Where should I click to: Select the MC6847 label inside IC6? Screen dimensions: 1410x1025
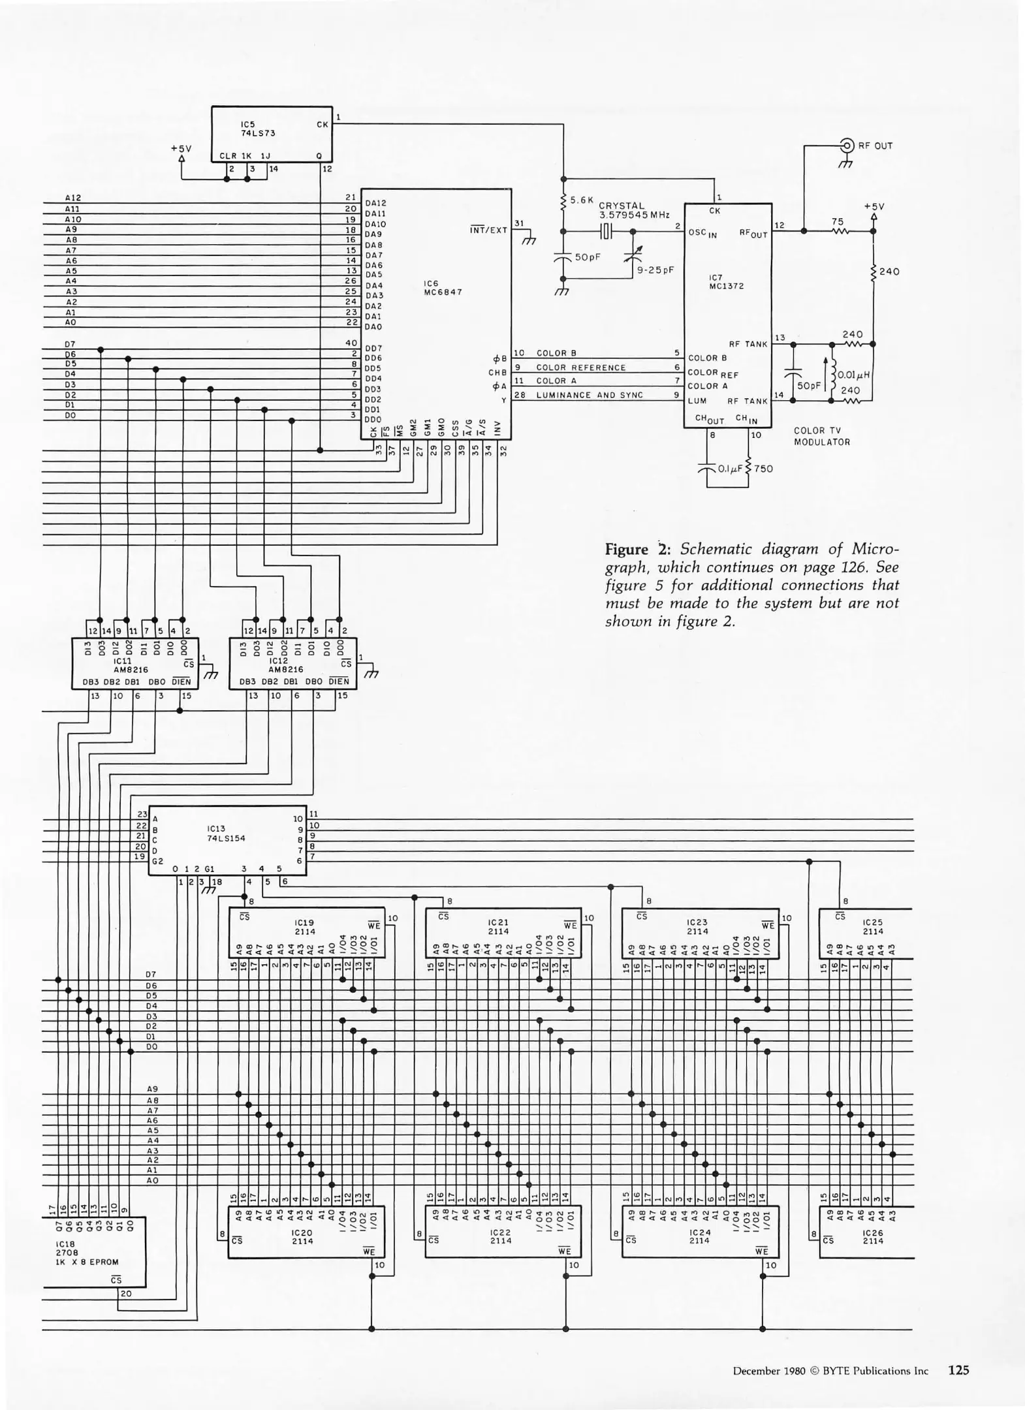[443, 292]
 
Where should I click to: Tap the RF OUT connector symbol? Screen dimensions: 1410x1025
[847, 146]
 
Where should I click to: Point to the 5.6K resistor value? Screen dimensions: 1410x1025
[581, 200]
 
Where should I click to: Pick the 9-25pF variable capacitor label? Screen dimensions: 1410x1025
[655, 270]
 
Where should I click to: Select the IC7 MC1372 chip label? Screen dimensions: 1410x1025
[726, 282]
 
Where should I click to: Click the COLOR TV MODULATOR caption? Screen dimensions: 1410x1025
[822, 436]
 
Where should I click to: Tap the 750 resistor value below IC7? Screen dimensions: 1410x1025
[763, 469]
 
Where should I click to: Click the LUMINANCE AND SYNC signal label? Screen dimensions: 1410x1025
[590, 395]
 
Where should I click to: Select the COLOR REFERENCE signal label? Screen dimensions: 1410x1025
[580, 368]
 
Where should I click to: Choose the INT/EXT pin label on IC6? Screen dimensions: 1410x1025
[488, 230]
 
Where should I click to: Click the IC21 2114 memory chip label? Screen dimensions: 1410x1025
[498, 927]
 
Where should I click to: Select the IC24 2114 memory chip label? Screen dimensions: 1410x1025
[699, 1236]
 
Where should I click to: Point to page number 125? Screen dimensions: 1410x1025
[958, 1370]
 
